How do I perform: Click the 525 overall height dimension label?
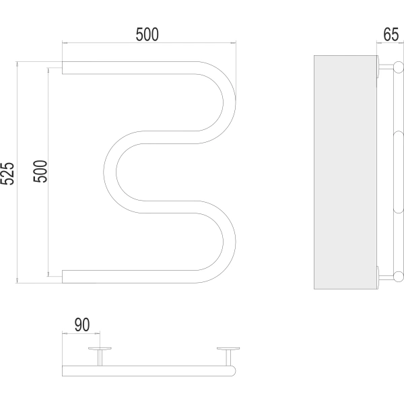click(x=7, y=174)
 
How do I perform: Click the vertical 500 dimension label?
click(x=40, y=171)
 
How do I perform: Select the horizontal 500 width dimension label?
click(x=147, y=34)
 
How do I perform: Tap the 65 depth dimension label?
click(x=391, y=34)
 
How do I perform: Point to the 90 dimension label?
click(x=82, y=325)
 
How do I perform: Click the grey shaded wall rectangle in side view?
click(x=345, y=172)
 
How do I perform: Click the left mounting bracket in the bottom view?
click(x=100, y=356)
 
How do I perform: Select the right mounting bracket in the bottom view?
click(x=228, y=356)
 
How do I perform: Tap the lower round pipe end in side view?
click(x=399, y=277)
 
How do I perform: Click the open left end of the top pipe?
click(x=63, y=68)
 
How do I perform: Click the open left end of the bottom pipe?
click(x=63, y=277)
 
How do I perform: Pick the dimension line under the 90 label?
click(x=81, y=334)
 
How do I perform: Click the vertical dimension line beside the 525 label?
click(x=17, y=172)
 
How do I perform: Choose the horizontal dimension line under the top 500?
click(x=149, y=43)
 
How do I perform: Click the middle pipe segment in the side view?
click(x=399, y=172)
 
